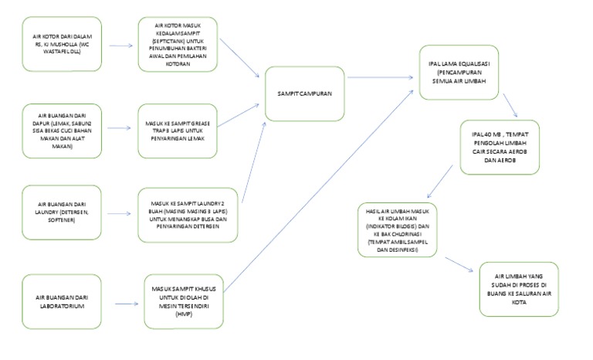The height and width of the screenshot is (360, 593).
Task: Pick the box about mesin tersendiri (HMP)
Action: coord(183,301)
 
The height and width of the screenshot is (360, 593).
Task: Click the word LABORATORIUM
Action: coord(60,306)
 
